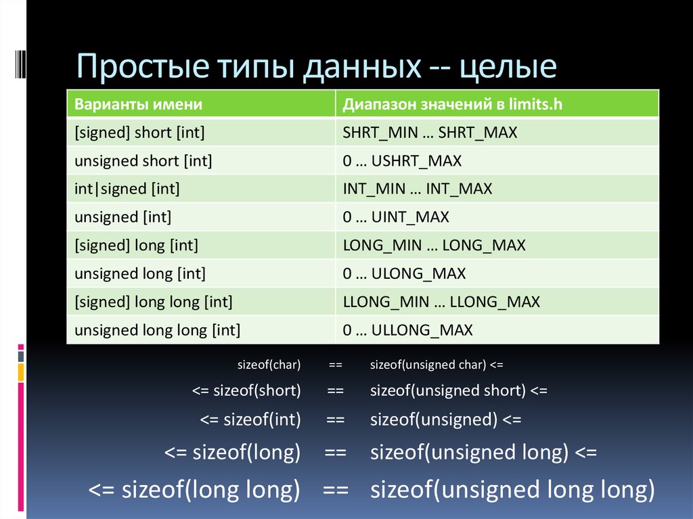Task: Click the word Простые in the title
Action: [x=142, y=66]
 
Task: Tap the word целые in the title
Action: [x=508, y=67]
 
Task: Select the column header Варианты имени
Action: [x=138, y=104]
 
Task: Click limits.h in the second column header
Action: [x=535, y=104]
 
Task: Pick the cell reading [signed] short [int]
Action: [x=139, y=133]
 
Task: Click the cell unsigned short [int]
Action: [x=143, y=161]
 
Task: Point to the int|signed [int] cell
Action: [x=127, y=189]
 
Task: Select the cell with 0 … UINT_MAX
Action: [x=395, y=217]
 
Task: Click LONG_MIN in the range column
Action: [x=382, y=246]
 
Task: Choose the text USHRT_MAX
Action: [x=416, y=161]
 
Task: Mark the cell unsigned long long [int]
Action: [x=157, y=330]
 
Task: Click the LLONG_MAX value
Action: [x=495, y=302]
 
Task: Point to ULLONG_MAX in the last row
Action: [x=422, y=330]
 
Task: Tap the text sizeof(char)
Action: [x=269, y=365]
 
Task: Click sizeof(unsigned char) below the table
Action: [x=428, y=365]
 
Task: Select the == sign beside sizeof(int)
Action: [x=336, y=420]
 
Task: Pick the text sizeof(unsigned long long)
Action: [x=512, y=490]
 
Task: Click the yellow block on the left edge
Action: [x=21, y=371]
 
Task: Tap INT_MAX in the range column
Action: [x=459, y=189]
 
